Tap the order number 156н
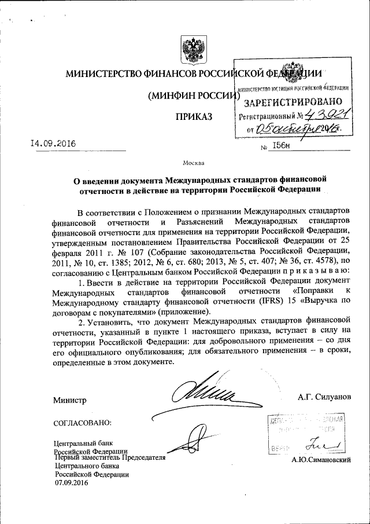click(283, 149)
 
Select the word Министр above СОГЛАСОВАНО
click(69, 401)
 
